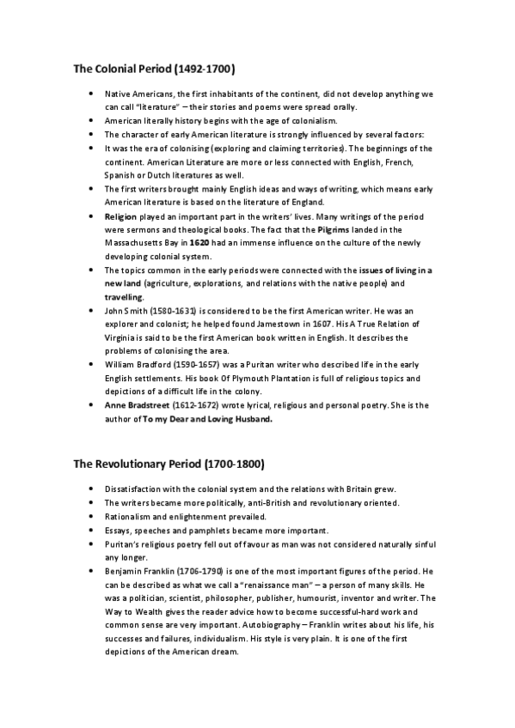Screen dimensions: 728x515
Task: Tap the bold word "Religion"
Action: (121, 216)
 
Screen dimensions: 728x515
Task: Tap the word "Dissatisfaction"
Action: (138, 488)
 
